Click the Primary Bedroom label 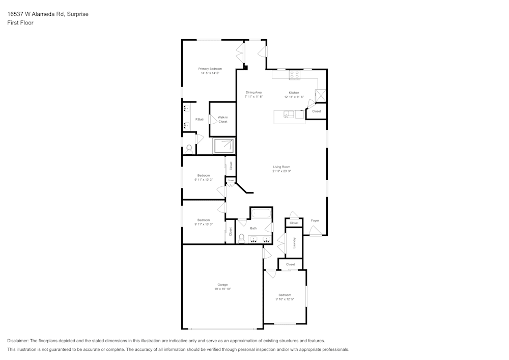pos(210,69)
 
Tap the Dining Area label pos(253,92)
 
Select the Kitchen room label pos(294,92)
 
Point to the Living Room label pos(281,167)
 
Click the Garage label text pos(222,285)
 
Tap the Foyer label pos(315,220)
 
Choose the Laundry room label pos(294,243)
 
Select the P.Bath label pos(200,119)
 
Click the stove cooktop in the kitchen pos(295,75)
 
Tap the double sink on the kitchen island pos(289,115)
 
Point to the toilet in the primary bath pos(189,149)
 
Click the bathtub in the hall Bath pos(261,213)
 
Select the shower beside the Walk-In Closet pos(223,146)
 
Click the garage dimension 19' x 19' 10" pos(222,289)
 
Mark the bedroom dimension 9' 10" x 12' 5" pos(284,299)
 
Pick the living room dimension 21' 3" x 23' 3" pos(281,172)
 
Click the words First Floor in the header pos(20,23)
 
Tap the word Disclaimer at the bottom pos(18,341)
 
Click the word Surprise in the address pos(78,14)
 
